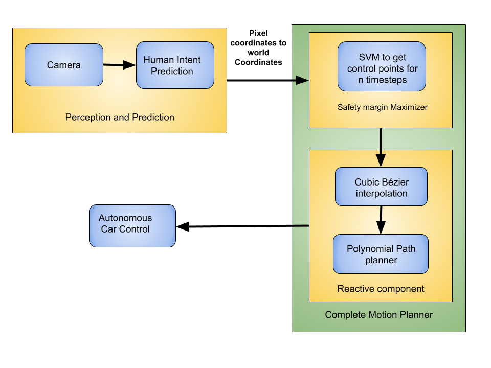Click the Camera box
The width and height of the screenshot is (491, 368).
click(64, 65)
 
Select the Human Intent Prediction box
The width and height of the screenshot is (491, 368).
click(175, 65)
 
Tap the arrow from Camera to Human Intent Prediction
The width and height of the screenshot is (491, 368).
click(120, 65)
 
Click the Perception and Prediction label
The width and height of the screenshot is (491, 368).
click(120, 117)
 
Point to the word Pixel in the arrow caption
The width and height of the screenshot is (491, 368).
click(258, 33)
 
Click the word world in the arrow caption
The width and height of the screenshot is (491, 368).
click(258, 53)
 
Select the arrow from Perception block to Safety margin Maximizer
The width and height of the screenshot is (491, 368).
click(267, 80)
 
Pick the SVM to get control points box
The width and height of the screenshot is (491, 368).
click(382, 66)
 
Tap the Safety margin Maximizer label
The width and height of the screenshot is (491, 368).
click(383, 107)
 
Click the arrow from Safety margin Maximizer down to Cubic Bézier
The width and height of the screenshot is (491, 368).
click(381, 147)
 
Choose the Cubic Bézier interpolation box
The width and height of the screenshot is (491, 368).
click(381, 187)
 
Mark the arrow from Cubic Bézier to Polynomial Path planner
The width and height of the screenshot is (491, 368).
click(381, 220)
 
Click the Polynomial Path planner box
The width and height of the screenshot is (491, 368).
click(381, 254)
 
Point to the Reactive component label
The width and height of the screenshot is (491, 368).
click(381, 288)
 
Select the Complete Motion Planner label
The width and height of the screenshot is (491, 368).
click(379, 314)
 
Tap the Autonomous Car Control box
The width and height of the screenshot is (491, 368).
click(132, 226)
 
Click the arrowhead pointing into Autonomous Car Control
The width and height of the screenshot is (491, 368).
click(183, 226)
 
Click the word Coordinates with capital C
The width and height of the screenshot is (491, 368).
click(258, 62)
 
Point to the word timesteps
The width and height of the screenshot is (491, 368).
click(387, 80)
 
